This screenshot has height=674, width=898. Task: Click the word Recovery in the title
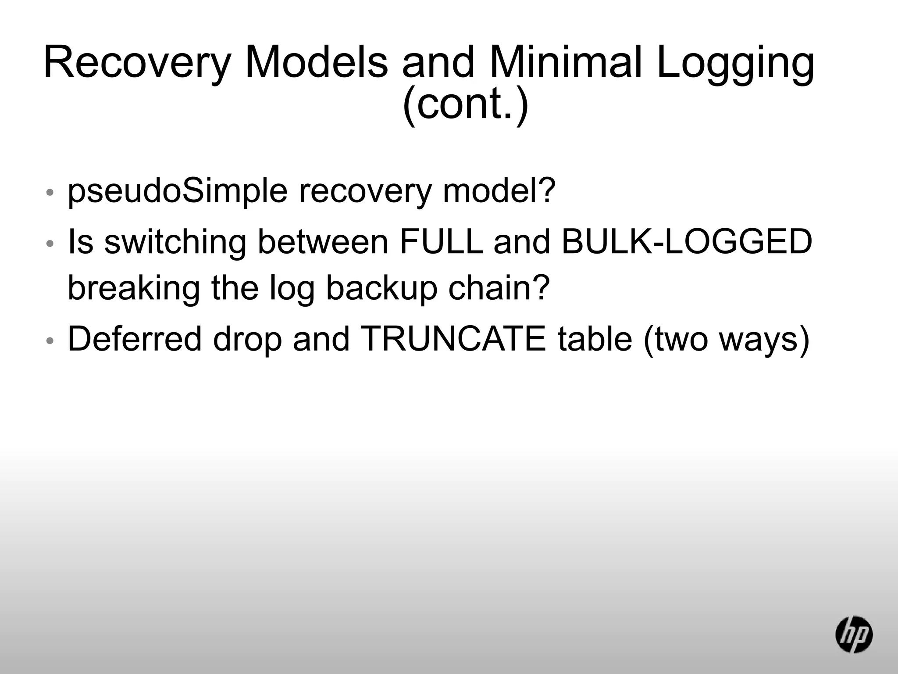click(137, 63)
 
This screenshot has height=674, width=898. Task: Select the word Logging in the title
click(735, 63)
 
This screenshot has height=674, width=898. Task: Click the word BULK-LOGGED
click(686, 242)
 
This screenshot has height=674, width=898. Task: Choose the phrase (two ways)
click(725, 340)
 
